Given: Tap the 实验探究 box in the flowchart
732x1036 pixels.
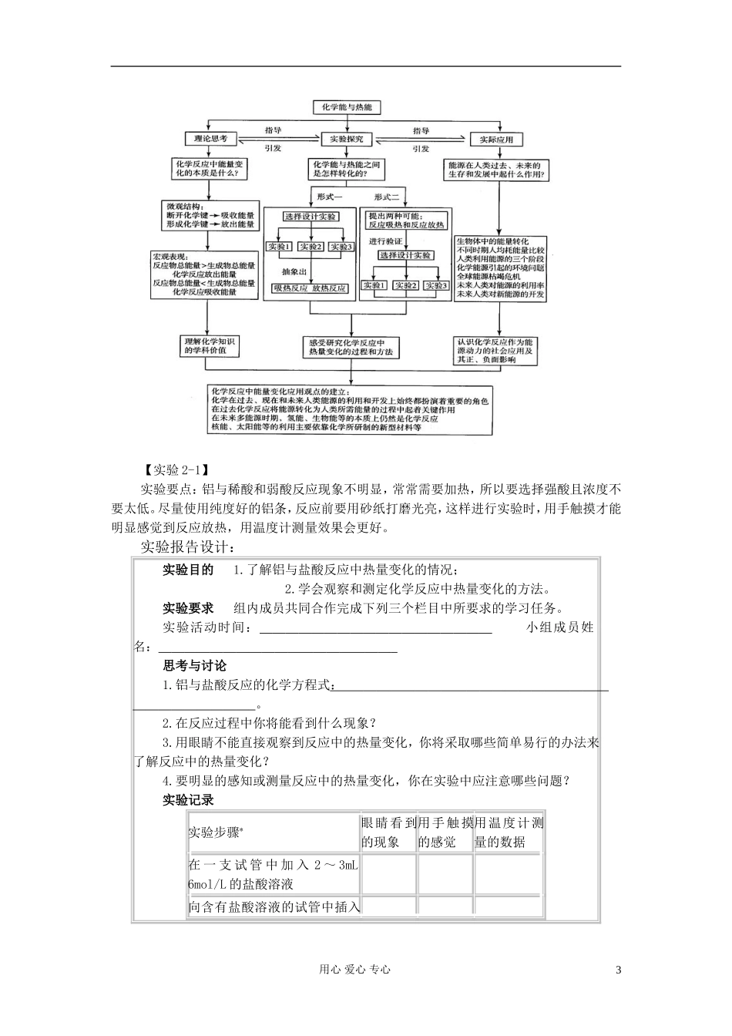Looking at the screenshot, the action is click(x=351, y=140).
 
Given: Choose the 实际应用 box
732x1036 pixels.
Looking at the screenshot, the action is click(x=496, y=140).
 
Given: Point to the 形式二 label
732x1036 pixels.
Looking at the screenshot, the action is click(x=391, y=197).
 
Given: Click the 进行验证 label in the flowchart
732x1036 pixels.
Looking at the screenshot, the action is click(x=385, y=241).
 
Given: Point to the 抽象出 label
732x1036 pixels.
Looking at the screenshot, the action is click(x=294, y=271).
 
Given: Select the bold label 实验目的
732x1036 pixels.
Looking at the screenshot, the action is click(x=187, y=570).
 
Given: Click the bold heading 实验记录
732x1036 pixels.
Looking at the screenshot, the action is click(x=187, y=800).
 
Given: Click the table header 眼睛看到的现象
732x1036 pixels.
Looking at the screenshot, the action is click(x=388, y=832).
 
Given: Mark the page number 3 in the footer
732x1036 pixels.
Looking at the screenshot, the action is click(x=618, y=970).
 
